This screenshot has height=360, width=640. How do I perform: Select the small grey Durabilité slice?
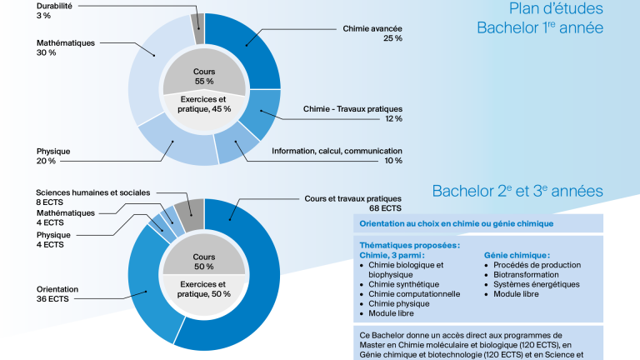point(198,27)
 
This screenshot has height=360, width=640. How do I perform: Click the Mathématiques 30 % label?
point(65,47)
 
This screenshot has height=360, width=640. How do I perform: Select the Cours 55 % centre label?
point(204,77)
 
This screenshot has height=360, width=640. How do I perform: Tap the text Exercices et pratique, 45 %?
point(204,104)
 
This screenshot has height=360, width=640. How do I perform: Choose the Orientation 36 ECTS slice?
point(149,286)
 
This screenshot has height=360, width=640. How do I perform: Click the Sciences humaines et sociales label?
point(93,192)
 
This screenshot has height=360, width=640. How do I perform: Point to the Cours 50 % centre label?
point(204,262)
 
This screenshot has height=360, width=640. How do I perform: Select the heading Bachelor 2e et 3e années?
point(517,191)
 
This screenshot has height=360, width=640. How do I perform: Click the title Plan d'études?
point(556,8)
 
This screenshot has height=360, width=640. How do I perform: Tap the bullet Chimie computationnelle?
point(414,294)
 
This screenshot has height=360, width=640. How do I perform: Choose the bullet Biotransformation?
point(526,275)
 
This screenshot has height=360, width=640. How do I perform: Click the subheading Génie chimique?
point(517,256)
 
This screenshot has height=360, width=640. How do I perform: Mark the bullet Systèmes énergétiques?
point(537,284)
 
